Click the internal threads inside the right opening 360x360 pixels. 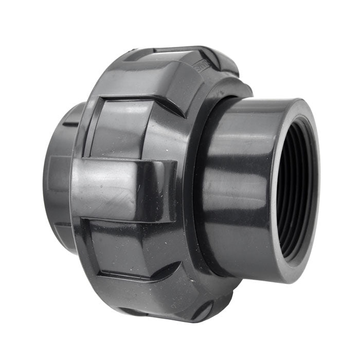(x=291, y=190)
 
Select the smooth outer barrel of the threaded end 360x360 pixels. (x=237, y=185)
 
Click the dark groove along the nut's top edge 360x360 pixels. (x=175, y=50)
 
